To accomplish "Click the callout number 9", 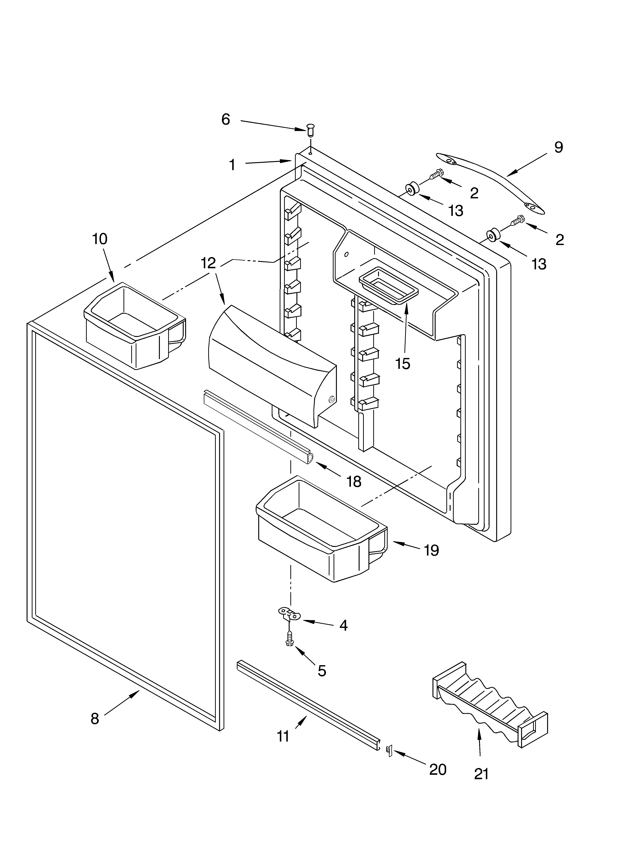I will click(559, 147).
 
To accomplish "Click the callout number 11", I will click(283, 736).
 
